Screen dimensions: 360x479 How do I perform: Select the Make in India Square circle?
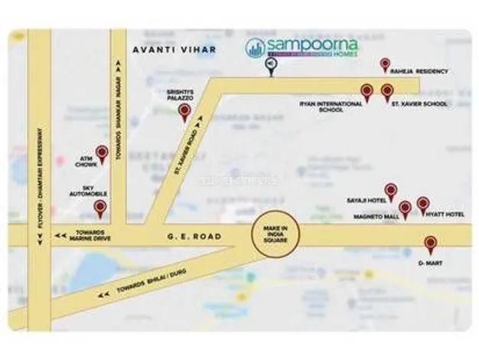pos(275,231)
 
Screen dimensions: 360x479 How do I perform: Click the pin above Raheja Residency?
pos(384,64)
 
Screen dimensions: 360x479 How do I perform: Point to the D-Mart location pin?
pos(431,244)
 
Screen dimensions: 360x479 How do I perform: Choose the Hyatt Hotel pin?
pos(422,205)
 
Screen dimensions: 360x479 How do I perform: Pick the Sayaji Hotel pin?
pos(390,190)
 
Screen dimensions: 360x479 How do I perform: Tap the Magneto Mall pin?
pos(405,208)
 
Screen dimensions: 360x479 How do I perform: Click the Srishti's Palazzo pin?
pos(184,113)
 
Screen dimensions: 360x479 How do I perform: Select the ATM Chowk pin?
pos(100,153)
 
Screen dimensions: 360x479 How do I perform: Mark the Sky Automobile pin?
pos(100,208)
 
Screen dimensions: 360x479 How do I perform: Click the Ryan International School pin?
pos(367,91)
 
